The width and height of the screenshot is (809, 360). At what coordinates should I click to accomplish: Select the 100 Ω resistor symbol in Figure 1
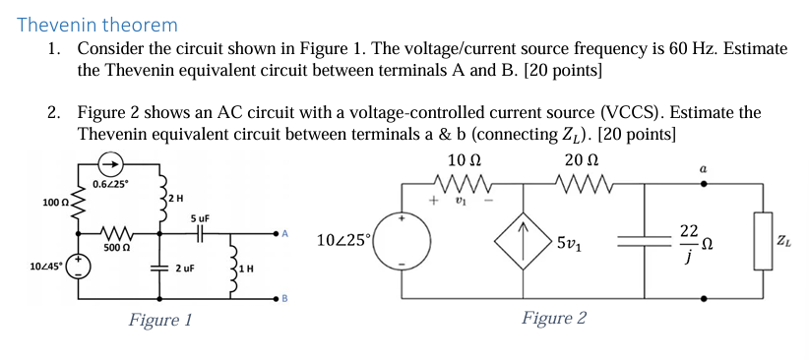tap(74, 203)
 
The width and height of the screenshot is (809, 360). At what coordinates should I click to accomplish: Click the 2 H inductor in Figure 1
tap(159, 200)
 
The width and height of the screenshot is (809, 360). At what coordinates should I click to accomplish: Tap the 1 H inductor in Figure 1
tap(232, 268)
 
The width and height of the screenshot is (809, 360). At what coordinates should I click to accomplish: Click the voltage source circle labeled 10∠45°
tap(74, 268)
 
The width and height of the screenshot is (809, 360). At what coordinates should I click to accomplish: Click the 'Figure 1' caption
tap(159, 320)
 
